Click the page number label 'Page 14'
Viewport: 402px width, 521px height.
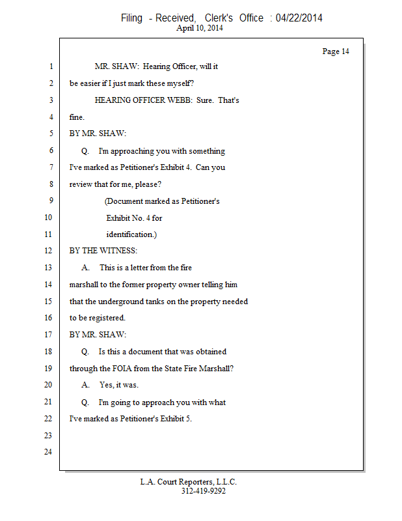pos(336,51)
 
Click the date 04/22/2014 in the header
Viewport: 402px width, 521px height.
pos(299,18)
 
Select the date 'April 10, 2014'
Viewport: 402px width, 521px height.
pos(200,28)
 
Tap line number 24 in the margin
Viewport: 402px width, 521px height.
pos(48,452)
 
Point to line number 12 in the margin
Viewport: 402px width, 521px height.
pos(48,251)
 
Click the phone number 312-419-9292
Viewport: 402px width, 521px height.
pos(204,491)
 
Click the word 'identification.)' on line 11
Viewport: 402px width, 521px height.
pos(131,234)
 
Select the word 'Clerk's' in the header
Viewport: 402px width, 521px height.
pos(219,18)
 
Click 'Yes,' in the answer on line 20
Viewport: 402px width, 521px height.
pos(107,385)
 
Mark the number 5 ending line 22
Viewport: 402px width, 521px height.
pos(189,419)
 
